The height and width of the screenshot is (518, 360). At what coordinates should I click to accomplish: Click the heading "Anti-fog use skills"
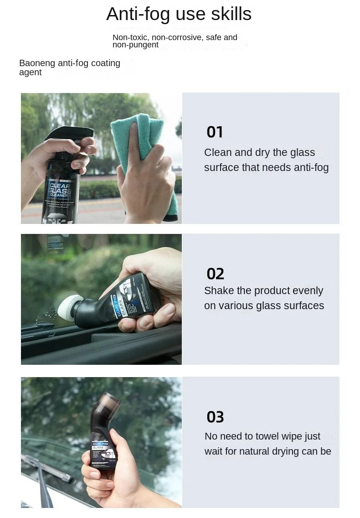tap(179, 14)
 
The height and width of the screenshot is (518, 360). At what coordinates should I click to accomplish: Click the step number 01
tap(215, 132)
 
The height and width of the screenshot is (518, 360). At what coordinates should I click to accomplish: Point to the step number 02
tap(215, 274)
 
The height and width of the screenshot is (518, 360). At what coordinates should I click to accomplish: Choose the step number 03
tap(215, 417)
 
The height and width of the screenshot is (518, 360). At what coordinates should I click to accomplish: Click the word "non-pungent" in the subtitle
tap(135, 45)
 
